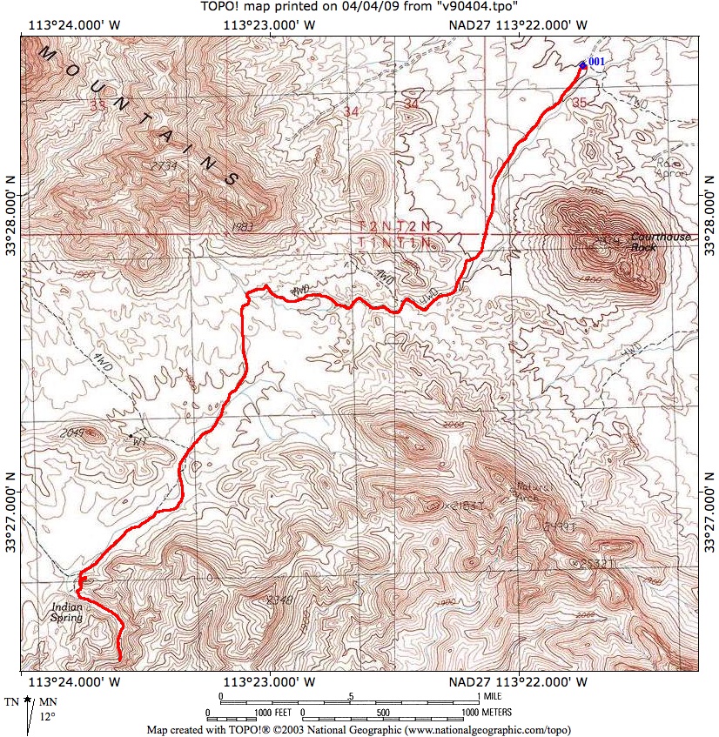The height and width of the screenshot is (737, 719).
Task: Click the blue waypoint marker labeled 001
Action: click(x=582, y=64)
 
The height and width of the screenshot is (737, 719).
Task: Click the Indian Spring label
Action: click(x=67, y=612)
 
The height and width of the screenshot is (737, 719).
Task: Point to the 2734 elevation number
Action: click(x=164, y=165)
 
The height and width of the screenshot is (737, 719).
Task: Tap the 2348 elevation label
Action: click(x=280, y=600)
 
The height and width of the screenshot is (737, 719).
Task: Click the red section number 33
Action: click(x=97, y=105)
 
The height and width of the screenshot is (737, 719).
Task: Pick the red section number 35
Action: click(x=580, y=103)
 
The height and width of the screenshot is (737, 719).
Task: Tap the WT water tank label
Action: click(x=138, y=441)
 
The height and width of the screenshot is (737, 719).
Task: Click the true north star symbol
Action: click(x=28, y=700)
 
